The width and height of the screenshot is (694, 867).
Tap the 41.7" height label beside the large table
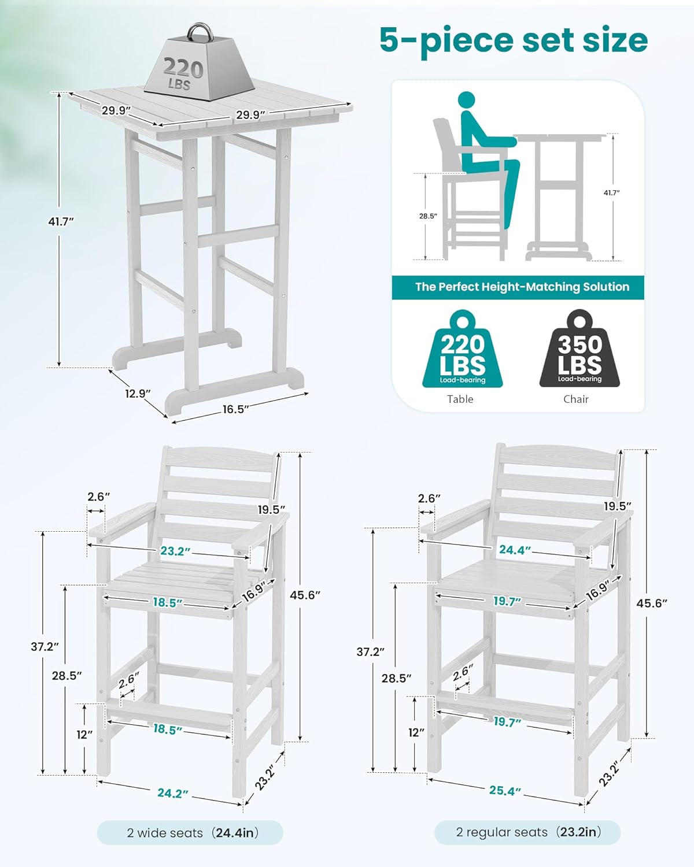(x=62, y=221)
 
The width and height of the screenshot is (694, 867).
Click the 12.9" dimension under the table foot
(x=137, y=394)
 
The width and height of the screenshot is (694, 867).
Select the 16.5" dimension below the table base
(x=235, y=409)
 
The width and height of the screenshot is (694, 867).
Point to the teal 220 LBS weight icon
(x=462, y=350)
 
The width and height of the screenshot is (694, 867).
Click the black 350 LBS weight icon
(x=579, y=350)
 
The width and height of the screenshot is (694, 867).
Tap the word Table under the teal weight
(x=460, y=399)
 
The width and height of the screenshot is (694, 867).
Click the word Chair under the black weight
(x=576, y=399)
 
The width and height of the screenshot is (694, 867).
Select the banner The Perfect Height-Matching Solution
(x=518, y=287)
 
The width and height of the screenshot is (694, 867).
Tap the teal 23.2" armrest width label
(x=175, y=551)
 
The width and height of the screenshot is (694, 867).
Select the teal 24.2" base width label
(x=173, y=794)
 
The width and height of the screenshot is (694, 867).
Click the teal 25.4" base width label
(x=505, y=790)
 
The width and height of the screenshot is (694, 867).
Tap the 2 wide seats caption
(x=191, y=833)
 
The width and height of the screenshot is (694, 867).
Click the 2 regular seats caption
(x=527, y=832)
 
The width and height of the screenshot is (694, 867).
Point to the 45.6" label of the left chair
(x=305, y=595)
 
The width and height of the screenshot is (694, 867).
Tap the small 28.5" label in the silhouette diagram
(x=428, y=216)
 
